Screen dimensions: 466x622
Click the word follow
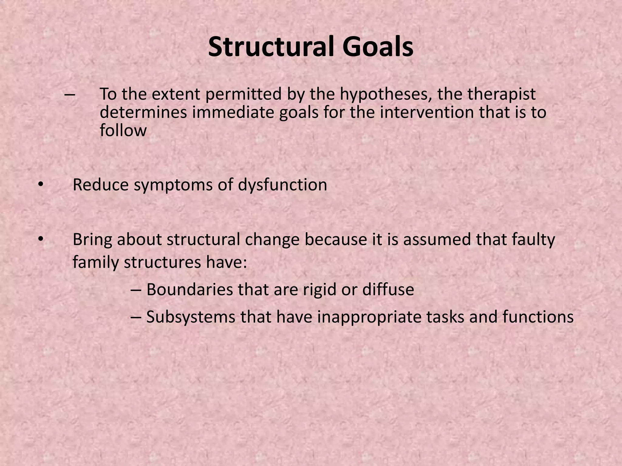pos(123,130)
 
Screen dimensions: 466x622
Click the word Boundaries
pos(190,289)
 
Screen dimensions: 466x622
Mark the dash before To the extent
pos(70,94)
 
